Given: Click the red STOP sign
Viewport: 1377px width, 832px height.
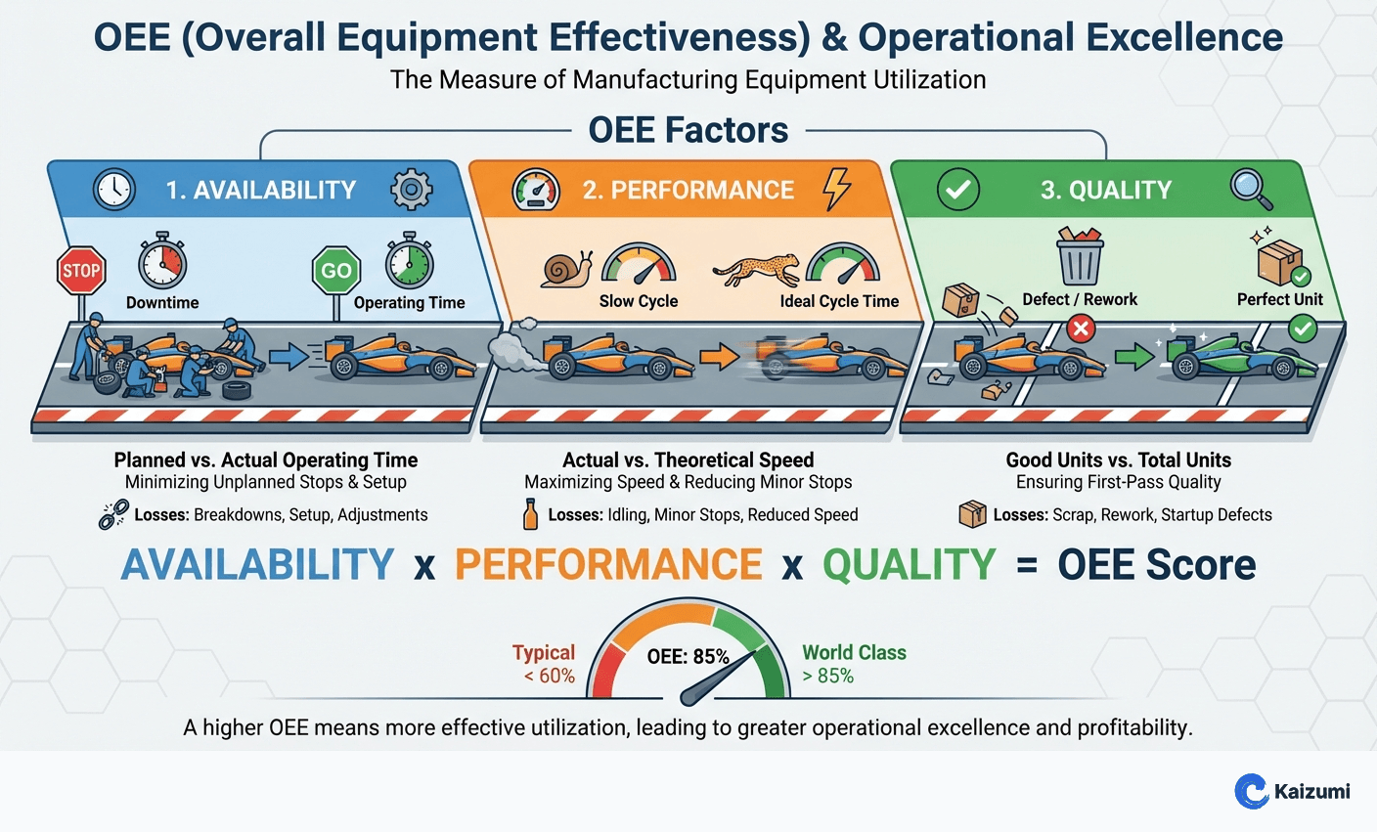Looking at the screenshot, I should coord(81,271).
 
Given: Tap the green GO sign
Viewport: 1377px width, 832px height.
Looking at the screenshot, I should coord(335,271).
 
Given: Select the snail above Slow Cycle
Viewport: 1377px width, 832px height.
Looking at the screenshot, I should coord(566,269).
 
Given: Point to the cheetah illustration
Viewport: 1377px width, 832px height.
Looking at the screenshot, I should coord(756,269).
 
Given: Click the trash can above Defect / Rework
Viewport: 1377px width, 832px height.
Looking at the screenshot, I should coord(1080,256).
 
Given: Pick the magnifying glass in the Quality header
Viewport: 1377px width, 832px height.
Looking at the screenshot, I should coord(1251,189).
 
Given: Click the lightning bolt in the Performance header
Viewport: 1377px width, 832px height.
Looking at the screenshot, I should coord(836,189).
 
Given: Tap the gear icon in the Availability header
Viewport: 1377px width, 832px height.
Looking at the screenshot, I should coord(411,189).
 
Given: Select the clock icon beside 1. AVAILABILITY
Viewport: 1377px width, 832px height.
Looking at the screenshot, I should coord(114,189).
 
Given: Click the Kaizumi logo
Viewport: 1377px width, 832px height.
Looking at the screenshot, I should coord(1292,791).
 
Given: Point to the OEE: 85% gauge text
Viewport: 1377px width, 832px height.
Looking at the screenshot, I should coord(688,657).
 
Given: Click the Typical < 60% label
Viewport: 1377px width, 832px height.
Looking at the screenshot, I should coord(544,664).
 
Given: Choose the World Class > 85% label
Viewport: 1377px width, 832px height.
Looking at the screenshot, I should coord(854,664).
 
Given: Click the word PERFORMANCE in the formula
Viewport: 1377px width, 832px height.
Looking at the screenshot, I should coord(607,565).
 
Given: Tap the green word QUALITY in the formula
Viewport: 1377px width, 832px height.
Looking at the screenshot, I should coord(909,565).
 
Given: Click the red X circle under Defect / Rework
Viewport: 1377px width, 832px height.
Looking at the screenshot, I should coord(1080,329).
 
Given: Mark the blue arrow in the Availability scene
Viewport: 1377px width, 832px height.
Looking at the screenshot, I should coord(289,356).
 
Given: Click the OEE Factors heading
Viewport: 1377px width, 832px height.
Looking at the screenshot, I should coord(688,130).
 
